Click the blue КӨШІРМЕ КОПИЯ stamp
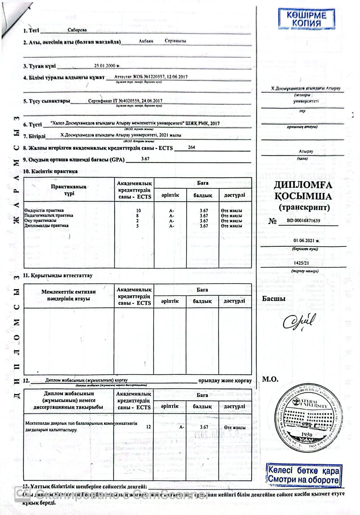point(302,19)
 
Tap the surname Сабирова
point(77,30)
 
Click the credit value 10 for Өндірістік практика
point(139,211)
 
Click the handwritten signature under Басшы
point(298,320)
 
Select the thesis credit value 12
point(148,427)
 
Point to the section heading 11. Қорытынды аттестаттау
point(58,276)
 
